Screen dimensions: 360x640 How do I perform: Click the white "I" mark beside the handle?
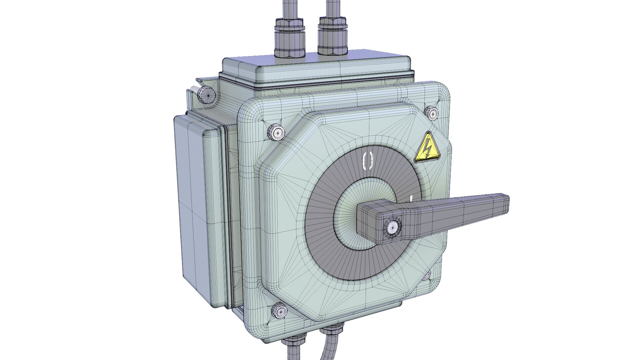click(x=411, y=199)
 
